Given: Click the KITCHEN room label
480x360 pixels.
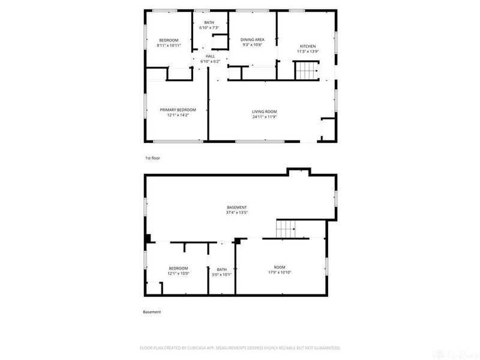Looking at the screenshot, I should [308, 46].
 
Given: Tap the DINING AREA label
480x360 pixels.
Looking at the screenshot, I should [253, 40].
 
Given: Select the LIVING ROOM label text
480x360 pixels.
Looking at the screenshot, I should [264, 111].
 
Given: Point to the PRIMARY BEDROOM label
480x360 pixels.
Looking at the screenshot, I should [178, 110].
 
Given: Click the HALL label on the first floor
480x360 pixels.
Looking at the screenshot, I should [210, 56].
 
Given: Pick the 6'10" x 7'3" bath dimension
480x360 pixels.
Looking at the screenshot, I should [208, 28].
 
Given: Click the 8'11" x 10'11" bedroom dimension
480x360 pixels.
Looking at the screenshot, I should [169, 45].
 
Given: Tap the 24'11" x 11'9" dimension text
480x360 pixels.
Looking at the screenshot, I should [264, 116].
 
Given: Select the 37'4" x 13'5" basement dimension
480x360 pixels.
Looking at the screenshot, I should [237, 212].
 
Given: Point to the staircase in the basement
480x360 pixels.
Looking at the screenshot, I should [286, 229].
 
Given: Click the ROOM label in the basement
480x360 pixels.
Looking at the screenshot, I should [280, 267].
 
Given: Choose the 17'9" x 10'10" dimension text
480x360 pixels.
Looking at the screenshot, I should [280, 272].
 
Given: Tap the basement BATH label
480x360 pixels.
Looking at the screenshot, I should [221, 269].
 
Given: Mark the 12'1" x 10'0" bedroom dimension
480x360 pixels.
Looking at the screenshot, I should [178, 274].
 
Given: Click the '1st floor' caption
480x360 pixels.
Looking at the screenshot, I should [152, 158].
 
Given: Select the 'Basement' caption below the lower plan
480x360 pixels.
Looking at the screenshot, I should [152, 312].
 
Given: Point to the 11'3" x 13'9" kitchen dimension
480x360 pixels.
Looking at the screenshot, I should [308, 52].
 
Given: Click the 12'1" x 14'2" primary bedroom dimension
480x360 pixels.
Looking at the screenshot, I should [178, 115].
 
